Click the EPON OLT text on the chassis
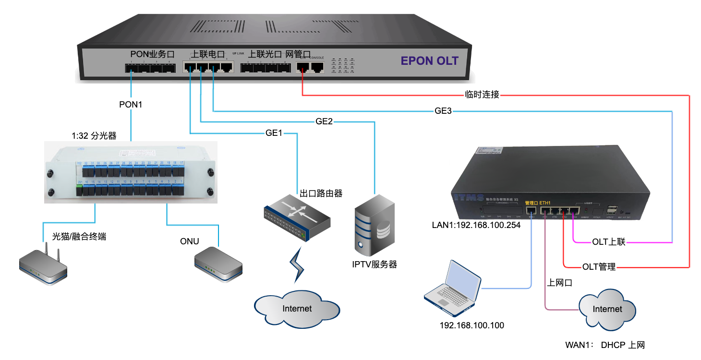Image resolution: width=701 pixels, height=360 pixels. point(430,61)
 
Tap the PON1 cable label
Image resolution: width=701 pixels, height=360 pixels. point(131,104)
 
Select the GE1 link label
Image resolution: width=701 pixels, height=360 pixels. point(274,133)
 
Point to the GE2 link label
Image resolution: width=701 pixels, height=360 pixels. point(324,121)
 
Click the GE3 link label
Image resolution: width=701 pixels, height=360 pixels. point(443,111)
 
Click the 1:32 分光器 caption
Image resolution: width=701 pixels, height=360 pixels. point(94,136)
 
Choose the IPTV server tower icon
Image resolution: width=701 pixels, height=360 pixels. point(374,225)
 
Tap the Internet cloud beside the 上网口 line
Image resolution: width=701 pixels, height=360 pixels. point(607,309)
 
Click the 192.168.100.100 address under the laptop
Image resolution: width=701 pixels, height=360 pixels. point(472,325)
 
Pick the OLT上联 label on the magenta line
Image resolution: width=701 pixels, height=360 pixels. point(609,242)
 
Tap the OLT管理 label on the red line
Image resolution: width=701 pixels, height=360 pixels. point(599,266)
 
